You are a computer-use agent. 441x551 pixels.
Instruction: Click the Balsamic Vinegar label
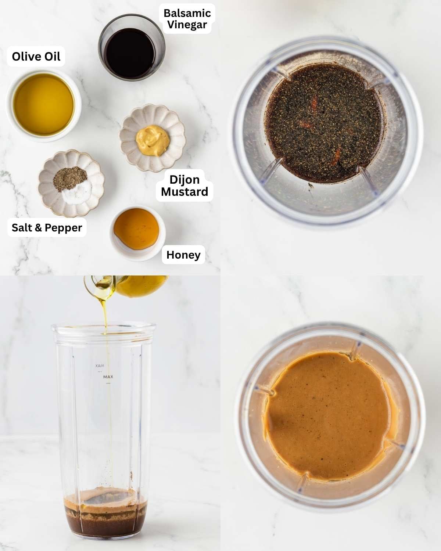click(x=187, y=19)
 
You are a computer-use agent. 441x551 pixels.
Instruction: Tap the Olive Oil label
click(x=36, y=56)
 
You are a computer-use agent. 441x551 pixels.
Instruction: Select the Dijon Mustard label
click(x=184, y=186)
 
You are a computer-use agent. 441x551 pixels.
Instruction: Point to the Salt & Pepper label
click(x=47, y=227)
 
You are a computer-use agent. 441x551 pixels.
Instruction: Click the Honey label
click(x=183, y=255)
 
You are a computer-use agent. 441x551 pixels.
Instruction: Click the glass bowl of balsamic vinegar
click(x=131, y=48)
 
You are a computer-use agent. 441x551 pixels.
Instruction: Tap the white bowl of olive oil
click(x=43, y=104)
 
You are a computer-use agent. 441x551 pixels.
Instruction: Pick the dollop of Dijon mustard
click(x=153, y=140)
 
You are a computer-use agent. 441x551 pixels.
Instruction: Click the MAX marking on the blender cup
click(x=108, y=377)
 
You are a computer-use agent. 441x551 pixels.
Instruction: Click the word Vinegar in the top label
click(x=187, y=25)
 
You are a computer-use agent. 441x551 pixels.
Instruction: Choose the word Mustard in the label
click(x=184, y=192)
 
